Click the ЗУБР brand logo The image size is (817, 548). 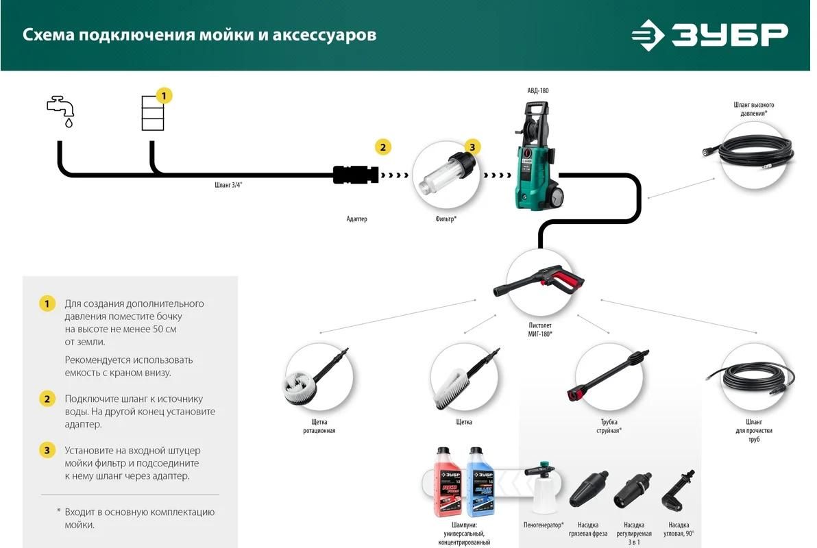pos(709,35)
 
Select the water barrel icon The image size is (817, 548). pos(152,113)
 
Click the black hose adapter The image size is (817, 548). pos(356,175)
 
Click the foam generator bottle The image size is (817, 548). pos(542,490)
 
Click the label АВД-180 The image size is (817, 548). pos(537,91)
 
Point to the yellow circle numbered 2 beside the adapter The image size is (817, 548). pos(382,147)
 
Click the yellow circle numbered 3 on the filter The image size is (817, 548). pos(472,147)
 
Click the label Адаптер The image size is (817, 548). pos(356,219)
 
